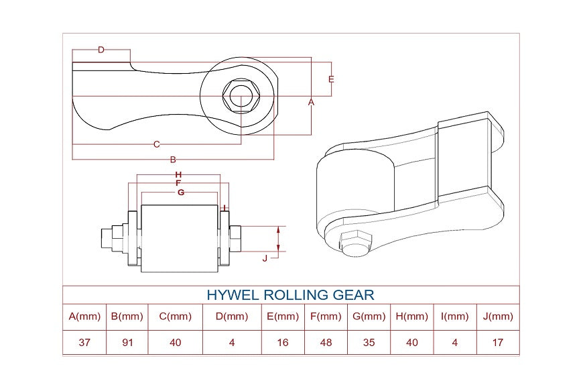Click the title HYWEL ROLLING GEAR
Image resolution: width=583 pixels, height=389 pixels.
tap(290, 295)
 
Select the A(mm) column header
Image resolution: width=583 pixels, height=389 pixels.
tap(84, 317)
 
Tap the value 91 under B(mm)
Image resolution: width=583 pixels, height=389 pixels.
tap(127, 342)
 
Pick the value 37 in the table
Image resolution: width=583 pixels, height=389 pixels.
tap(84, 342)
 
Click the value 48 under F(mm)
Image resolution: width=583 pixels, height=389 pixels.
tap(326, 342)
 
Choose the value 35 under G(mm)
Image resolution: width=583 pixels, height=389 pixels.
tap(369, 342)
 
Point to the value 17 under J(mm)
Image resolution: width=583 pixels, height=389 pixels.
tap(497, 342)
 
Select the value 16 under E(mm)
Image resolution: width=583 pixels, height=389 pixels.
tap(283, 342)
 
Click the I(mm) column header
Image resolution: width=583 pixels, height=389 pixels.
tap(455, 317)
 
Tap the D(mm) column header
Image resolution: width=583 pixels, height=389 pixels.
tap(232, 317)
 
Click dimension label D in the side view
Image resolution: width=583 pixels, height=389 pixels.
tap(101, 50)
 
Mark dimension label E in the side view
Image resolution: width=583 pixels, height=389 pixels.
tap(330, 79)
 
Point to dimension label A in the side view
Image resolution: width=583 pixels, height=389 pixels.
tap(311, 102)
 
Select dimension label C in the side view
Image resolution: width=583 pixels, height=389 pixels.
tap(156, 144)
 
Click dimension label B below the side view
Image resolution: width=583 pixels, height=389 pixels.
tap(173, 160)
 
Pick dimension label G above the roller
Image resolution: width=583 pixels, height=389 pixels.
tap(181, 192)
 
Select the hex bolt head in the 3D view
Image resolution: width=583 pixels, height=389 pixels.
tap(355, 242)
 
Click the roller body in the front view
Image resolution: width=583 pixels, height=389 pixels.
tap(180, 238)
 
